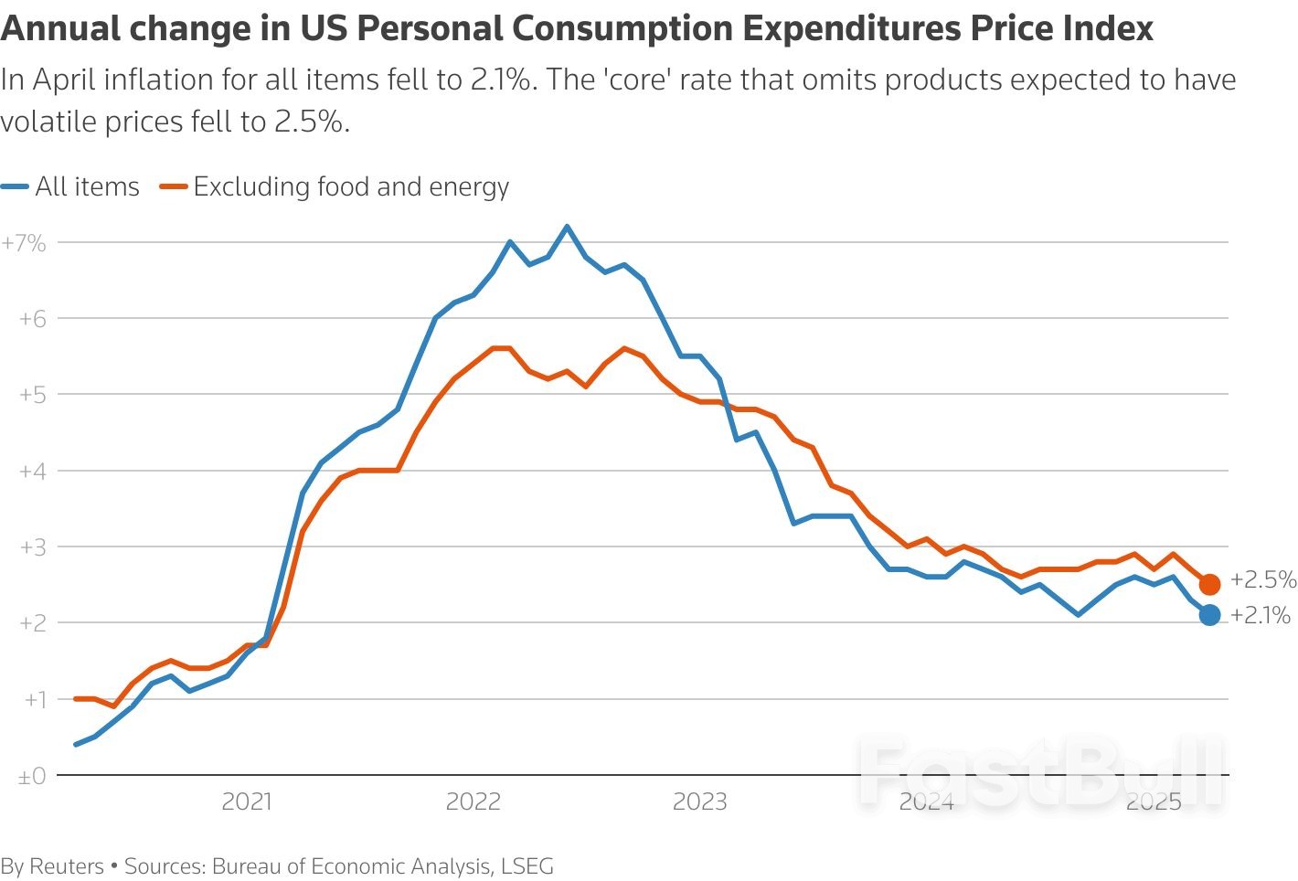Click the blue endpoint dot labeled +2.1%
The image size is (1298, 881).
click(1209, 615)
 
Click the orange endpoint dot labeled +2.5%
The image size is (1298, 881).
click(1209, 584)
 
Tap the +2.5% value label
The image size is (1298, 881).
click(1262, 579)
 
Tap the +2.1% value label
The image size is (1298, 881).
click(1260, 615)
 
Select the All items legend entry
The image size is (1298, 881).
click(71, 186)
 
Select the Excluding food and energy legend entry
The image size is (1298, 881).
click(335, 186)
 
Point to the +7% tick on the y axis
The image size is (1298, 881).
click(25, 242)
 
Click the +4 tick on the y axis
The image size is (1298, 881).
click(32, 471)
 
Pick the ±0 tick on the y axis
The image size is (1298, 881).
click(32, 775)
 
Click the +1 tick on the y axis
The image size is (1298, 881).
click(32, 699)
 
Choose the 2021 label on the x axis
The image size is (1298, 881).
click(247, 801)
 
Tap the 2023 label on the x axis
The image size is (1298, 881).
click(699, 801)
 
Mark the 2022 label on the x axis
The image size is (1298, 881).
click(473, 801)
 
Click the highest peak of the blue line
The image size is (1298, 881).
click(567, 227)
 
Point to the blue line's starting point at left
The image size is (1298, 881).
click(76, 744)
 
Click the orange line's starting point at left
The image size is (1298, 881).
click(76, 699)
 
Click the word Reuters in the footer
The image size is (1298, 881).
click(67, 865)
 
